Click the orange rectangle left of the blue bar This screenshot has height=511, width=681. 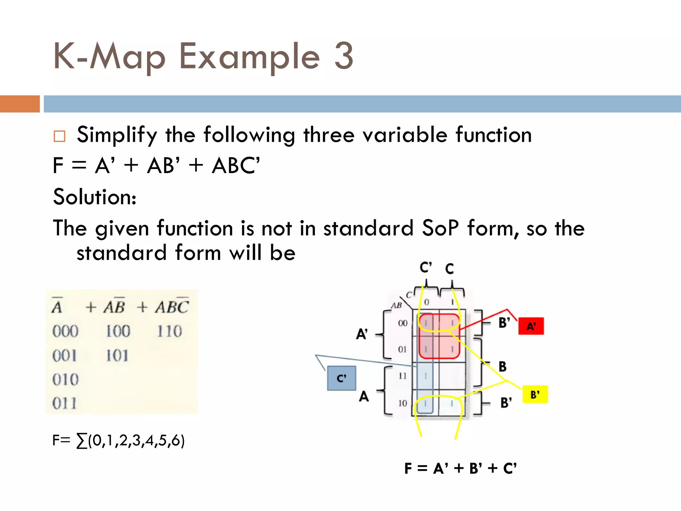[20, 104]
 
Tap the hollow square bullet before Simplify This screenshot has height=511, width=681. [60, 136]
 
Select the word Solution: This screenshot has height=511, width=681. [95, 197]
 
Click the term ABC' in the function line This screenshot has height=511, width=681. [236, 165]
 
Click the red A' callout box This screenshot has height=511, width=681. [531, 326]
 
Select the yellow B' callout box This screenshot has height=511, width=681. [535, 395]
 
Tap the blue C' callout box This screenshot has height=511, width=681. [341, 378]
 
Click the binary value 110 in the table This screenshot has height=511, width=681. [169, 331]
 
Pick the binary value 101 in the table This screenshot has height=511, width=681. [117, 356]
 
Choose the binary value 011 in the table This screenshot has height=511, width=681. [65, 403]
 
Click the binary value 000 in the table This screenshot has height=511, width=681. [65, 331]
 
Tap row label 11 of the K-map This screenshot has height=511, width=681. [402, 376]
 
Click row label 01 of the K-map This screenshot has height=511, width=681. [402, 349]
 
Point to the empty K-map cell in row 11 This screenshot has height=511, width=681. [452, 376]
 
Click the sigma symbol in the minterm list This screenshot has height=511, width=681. [82, 441]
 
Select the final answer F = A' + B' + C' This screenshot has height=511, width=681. [461, 468]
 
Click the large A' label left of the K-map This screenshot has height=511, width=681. [362, 334]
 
